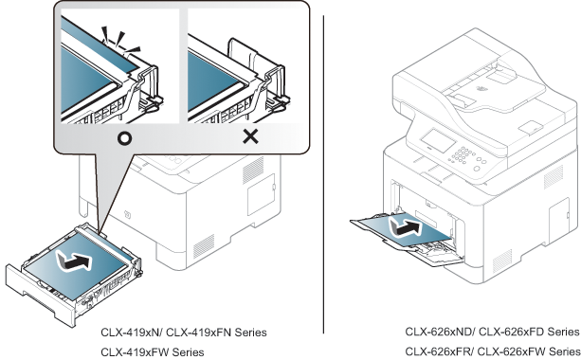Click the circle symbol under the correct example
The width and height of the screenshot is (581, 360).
124,138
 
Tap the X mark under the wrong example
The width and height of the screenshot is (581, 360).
250,137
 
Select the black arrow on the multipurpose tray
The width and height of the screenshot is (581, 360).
405,227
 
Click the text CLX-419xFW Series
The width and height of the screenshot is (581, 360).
153,351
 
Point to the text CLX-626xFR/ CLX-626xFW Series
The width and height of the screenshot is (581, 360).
493,351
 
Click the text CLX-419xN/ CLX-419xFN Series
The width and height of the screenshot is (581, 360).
184,333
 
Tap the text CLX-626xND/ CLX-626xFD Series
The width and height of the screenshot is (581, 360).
492,332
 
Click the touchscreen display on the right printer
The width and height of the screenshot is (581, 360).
438,140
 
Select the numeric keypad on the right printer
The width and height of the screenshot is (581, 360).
461,154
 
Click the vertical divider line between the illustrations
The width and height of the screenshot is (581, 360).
323,174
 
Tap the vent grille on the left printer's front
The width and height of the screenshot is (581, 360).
204,246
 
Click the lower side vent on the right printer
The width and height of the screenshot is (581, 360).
502,261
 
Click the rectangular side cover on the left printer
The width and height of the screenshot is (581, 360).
261,193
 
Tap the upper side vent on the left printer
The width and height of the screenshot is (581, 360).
253,170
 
